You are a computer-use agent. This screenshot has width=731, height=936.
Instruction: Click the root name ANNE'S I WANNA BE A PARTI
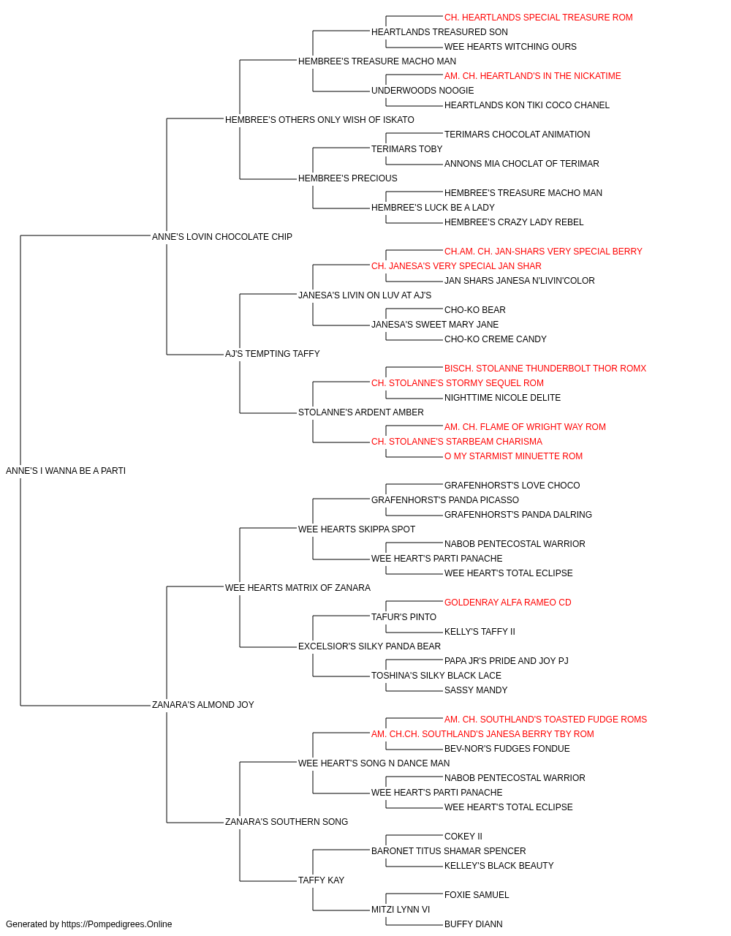coord(66,471)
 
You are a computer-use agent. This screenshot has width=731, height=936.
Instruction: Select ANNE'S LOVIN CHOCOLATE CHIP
coord(221,237)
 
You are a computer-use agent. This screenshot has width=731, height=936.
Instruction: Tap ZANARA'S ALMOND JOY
coord(202,705)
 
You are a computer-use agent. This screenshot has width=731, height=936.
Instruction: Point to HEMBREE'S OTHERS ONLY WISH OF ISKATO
coord(319,120)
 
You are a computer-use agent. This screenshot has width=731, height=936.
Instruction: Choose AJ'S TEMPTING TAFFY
coord(272,354)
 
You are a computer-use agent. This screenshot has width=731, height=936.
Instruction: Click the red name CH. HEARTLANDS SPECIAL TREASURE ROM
coord(538,18)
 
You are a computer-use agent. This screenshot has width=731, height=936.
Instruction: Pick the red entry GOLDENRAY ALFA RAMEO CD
coord(507,603)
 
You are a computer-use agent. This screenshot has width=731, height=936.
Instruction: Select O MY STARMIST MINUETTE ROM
coord(513,456)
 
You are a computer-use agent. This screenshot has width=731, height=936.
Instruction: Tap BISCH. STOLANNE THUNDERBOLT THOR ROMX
coord(545,369)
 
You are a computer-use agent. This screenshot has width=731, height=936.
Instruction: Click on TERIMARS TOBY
coord(407,149)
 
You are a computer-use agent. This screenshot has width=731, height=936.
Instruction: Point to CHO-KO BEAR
coord(475,310)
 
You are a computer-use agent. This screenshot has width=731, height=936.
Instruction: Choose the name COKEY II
coord(463,837)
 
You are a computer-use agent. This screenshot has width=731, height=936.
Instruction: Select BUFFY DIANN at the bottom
coord(473,924)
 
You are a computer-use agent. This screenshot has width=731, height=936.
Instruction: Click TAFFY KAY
coord(321,880)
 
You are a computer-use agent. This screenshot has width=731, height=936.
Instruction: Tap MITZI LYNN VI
coord(401,910)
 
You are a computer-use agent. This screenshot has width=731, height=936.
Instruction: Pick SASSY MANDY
coord(476,690)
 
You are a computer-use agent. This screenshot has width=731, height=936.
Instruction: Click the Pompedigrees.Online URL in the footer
coord(116,924)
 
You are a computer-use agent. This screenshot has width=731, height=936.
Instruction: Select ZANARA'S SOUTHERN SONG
coord(287,822)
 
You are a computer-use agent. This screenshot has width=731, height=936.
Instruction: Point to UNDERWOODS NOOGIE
coord(423,91)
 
